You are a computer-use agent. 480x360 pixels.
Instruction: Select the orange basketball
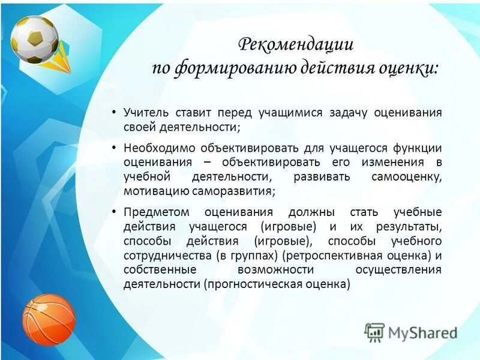(x=49, y=319)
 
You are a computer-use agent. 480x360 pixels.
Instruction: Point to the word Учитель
(x=148, y=112)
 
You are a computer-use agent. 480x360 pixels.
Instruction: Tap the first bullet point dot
(x=113, y=113)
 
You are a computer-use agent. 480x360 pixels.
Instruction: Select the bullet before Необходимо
(x=113, y=148)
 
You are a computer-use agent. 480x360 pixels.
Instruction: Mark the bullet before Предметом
(x=113, y=212)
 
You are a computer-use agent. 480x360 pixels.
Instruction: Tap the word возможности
(x=275, y=269)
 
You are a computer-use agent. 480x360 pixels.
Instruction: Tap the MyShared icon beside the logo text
(x=374, y=332)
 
